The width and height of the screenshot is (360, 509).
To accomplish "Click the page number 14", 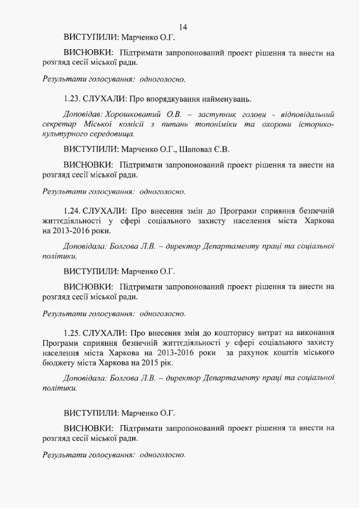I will coord(183,27).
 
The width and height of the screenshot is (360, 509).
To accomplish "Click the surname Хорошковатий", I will coord(131,114).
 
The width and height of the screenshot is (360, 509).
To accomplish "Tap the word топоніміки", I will coord(229,124).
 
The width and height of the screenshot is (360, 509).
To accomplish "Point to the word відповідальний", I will coord(305,114).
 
